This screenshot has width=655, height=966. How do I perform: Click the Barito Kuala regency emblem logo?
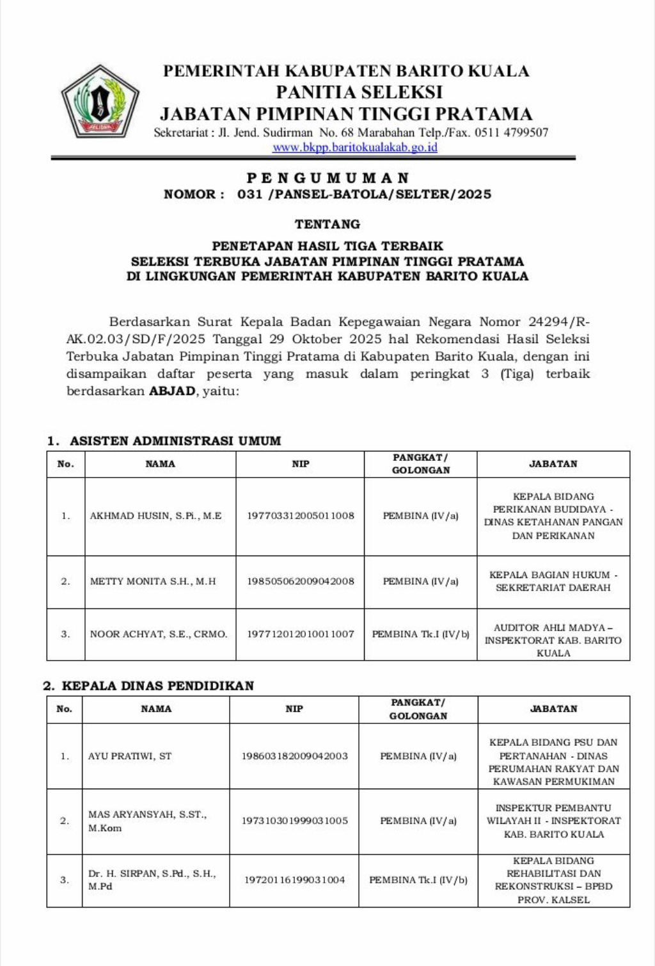click(x=100, y=101)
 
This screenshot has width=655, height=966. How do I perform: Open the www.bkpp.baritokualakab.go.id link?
click(x=355, y=147)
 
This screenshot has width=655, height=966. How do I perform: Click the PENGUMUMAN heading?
click(x=327, y=178)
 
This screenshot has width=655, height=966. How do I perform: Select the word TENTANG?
click(x=327, y=224)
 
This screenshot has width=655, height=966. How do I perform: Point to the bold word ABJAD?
click(x=172, y=391)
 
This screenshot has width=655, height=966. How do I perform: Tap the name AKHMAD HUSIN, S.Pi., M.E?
click(x=155, y=516)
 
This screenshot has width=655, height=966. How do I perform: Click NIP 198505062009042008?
click(x=301, y=581)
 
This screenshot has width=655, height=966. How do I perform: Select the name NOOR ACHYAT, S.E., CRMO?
click(x=159, y=634)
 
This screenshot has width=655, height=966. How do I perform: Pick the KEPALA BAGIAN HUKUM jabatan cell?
click(x=553, y=581)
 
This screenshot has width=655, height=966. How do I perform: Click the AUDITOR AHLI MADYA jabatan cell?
click(x=553, y=640)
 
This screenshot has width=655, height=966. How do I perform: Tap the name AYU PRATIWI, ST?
click(x=130, y=756)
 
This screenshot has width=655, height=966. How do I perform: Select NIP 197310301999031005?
click(x=294, y=821)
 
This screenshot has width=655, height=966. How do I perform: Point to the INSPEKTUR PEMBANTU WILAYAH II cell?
click(x=553, y=821)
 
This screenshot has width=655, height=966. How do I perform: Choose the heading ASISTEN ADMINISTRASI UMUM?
click(x=175, y=441)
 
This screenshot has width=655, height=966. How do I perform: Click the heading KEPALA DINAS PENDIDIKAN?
click(x=157, y=686)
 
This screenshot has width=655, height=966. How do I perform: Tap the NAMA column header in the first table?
click(x=160, y=464)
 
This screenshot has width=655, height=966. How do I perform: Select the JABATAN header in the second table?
click(x=553, y=709)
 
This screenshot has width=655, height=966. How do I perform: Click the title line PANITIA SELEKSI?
click(x=359, y=92)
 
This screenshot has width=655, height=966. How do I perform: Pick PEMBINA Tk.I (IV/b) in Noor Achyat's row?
click(x=420, y=634)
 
